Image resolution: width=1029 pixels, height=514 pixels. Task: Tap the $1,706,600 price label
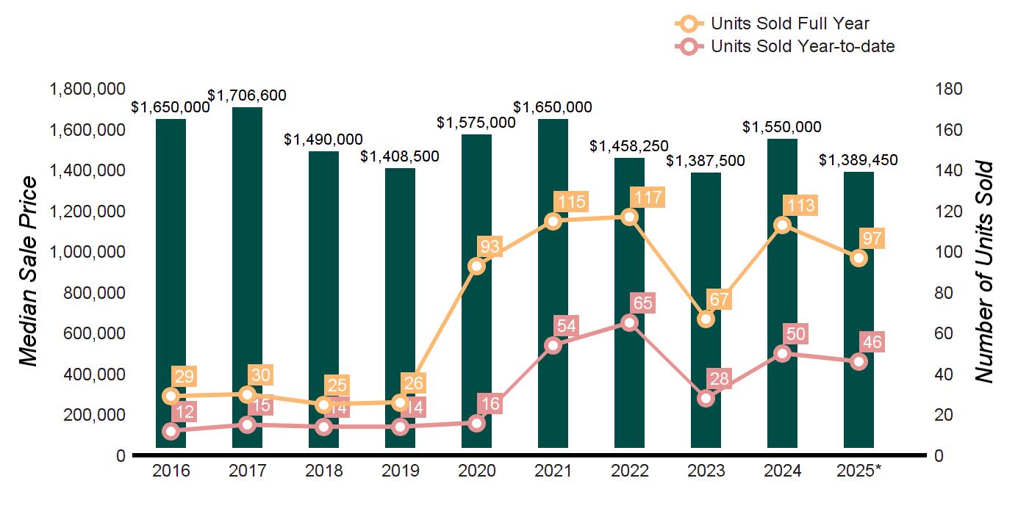pyautogui.click(x=247, y=95)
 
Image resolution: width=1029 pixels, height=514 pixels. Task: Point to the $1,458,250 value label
pyautogui.click(x=629, y=146)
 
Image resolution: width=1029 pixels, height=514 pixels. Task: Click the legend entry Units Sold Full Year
pyautogui.click(x=790, y=23)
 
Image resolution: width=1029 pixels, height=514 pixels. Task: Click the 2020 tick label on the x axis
pyautogui.click(x=476, y=471)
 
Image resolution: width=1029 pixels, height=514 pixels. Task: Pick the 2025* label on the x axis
pyautogui.click(x=858, y=471)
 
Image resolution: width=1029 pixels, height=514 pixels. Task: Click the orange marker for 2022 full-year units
pyautogui.click(x=629, y=217)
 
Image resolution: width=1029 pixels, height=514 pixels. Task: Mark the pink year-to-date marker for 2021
pyautogui.click(x=553, y=345)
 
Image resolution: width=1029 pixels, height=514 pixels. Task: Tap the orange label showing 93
pyautogui.click(x=489, y=247)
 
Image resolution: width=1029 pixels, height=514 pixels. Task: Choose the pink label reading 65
pyautogui.click(x=642, y=303)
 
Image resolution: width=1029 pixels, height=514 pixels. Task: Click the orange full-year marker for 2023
pyautogui.click(x=706, y=319)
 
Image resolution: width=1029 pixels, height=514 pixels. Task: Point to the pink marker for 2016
pyautogui.click(x=171, y=431)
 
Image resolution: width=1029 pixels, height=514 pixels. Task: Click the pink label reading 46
pyautogui.click(x=872, y=342)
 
